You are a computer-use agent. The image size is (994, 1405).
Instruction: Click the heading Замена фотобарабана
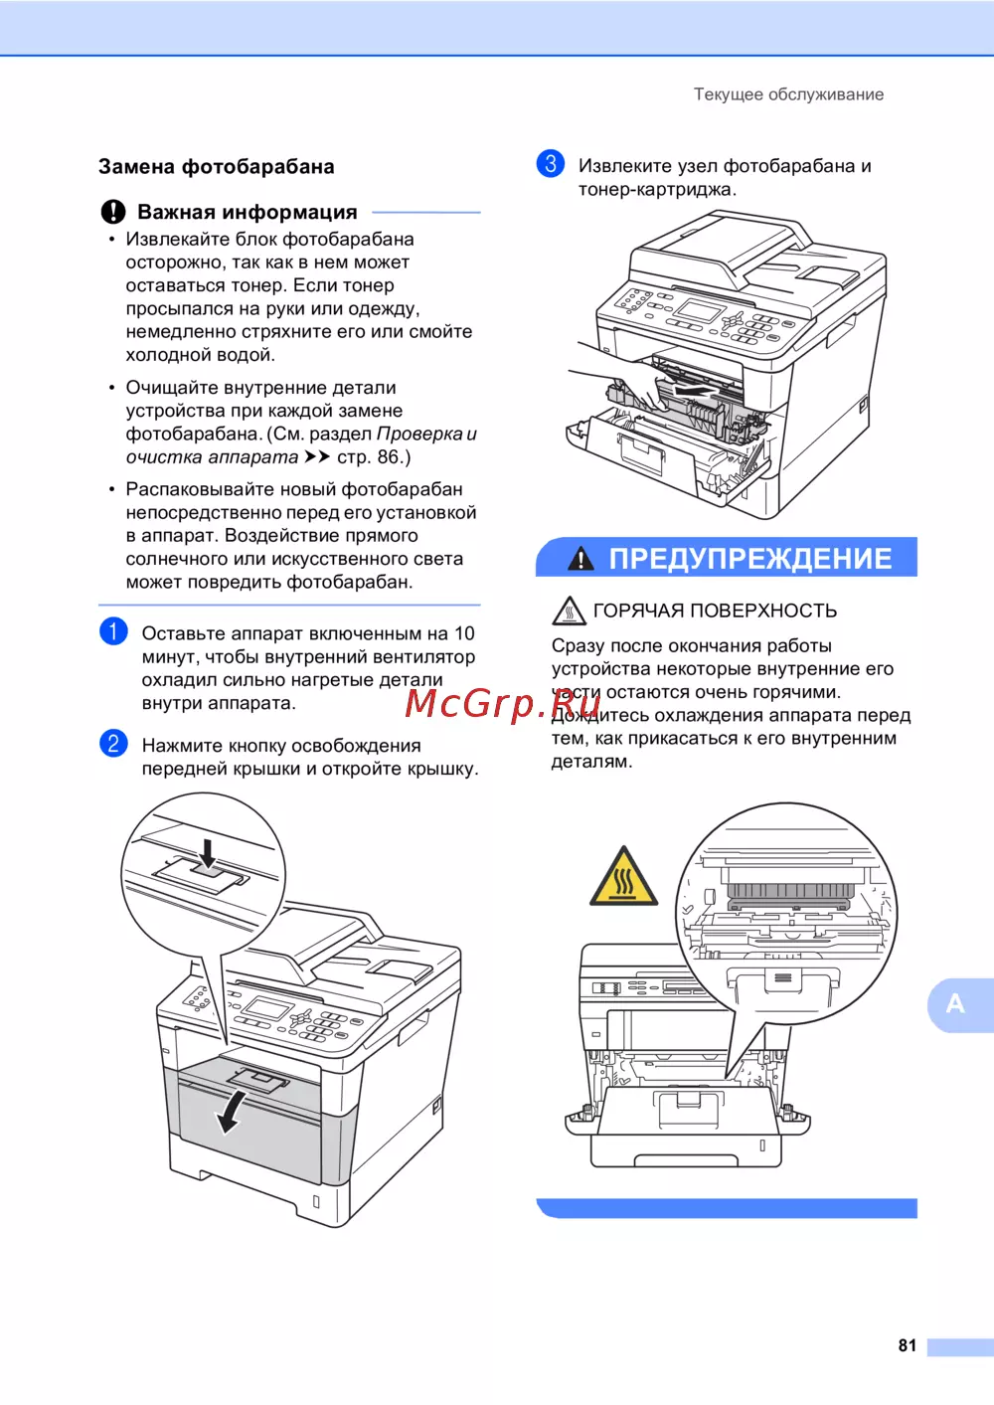[217, 167]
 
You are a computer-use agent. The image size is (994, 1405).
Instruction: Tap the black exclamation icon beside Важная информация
[113, 212]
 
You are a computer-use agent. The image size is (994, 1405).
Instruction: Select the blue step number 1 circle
[113, 631]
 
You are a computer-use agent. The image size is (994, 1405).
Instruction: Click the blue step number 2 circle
[113, 744]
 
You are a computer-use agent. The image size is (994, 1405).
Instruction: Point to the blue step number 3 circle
[550, 164]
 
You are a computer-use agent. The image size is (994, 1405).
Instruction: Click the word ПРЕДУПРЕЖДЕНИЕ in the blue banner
[750, 558]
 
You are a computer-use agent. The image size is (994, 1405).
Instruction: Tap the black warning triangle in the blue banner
[580, 558]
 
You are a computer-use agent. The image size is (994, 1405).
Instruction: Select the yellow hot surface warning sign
[623, 877]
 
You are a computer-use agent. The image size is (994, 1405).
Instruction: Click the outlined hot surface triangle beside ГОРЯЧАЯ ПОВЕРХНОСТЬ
[569, 611]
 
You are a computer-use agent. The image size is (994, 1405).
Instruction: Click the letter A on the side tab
[954, 1003]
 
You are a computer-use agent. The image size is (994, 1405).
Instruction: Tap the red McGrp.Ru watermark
[502, 704]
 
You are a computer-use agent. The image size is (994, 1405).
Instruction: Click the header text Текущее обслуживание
[788, 94]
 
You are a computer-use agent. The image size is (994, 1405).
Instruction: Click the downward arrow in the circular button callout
[208, 854]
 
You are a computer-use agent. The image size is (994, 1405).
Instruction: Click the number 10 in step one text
[464, 633]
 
